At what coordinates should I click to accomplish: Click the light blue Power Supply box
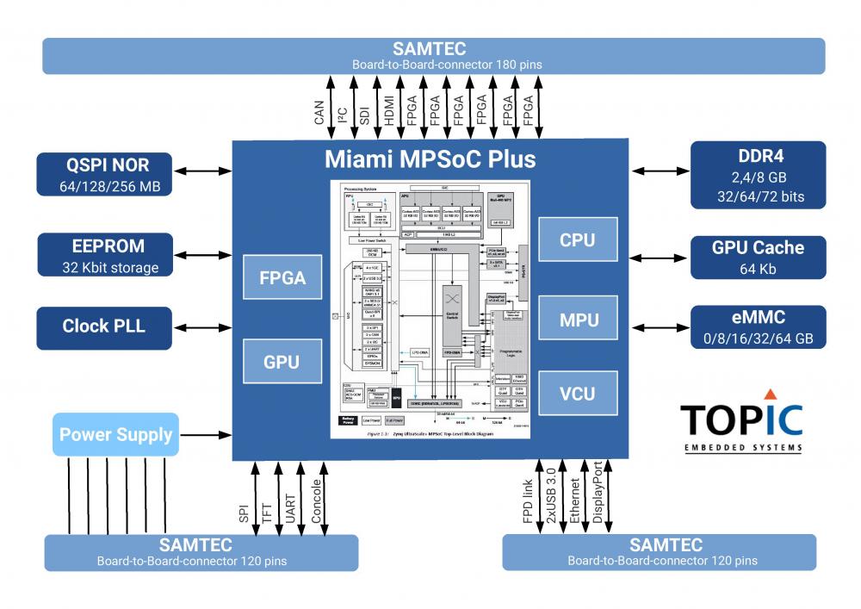coord(115,434)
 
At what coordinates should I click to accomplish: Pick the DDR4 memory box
coord(759,172)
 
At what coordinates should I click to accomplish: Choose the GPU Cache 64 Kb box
coord(759,255)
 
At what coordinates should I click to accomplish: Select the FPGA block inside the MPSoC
coord(283,279)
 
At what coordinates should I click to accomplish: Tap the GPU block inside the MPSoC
coord(283,362)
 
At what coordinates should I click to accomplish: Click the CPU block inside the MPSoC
coord(578,240)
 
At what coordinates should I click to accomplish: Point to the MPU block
coord(578,320)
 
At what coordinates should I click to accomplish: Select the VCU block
coord(578,393)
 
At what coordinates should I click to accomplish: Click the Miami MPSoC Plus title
coord(430,159)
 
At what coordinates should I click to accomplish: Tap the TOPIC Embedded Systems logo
coord(741,424)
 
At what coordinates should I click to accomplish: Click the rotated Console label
coord(318,500)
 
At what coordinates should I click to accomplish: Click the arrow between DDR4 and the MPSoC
coord(661,171)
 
